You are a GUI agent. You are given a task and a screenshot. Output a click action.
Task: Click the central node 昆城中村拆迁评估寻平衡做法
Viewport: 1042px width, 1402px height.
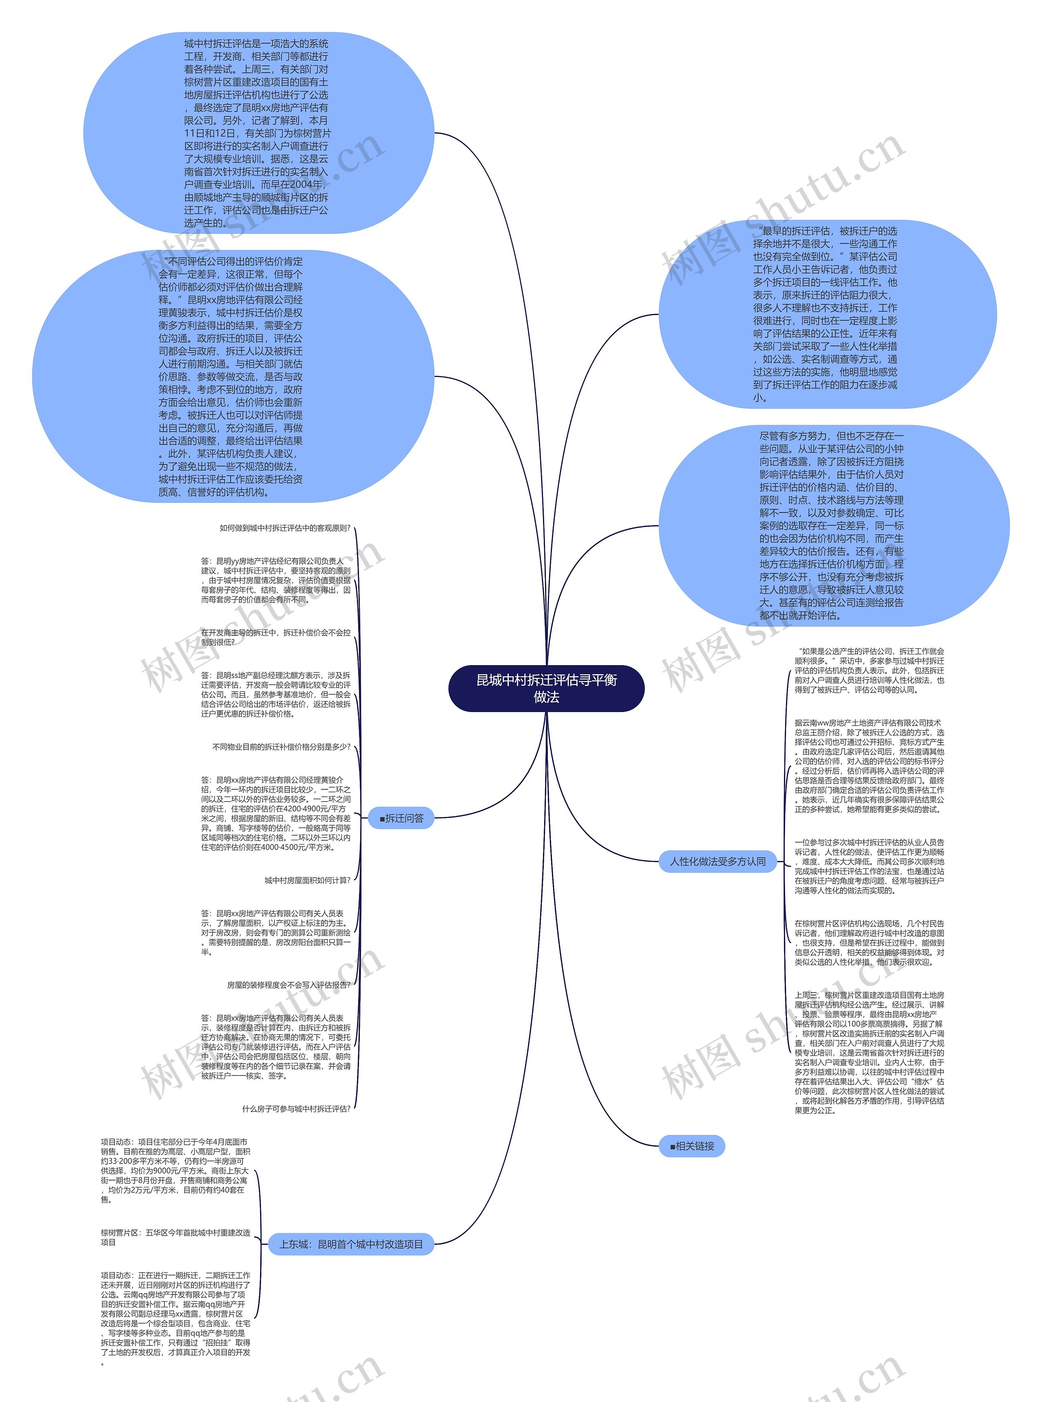pos(546,688)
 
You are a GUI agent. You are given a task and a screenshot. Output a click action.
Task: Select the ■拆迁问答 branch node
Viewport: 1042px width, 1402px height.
pos(401,818)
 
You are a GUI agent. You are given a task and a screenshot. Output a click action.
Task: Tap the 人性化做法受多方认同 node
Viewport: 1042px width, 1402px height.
pos(718,861)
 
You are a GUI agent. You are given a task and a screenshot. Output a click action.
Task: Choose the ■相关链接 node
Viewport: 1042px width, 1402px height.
pos(692,1146)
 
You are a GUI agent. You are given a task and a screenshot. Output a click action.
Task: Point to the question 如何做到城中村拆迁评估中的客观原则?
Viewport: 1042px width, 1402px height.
pos(285,528)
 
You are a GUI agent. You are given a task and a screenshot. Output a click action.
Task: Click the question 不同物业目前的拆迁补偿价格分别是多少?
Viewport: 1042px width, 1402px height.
pos(281,747)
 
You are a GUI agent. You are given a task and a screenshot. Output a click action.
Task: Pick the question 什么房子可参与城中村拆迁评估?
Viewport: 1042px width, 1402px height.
pos(296,1109)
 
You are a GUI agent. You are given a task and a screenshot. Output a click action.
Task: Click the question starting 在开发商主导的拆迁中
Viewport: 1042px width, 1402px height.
pos(276,637)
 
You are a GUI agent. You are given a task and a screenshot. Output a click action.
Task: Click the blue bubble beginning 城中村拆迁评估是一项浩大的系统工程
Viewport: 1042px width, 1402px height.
pos(258,133)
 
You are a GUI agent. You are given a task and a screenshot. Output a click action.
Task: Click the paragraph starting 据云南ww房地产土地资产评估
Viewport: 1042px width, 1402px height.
pos(869,766)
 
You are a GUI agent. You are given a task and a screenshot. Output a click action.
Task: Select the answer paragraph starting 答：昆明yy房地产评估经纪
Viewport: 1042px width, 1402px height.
pos(276,580)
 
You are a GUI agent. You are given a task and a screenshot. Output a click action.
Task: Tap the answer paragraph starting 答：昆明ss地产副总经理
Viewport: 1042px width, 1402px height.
pos(276,694)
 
